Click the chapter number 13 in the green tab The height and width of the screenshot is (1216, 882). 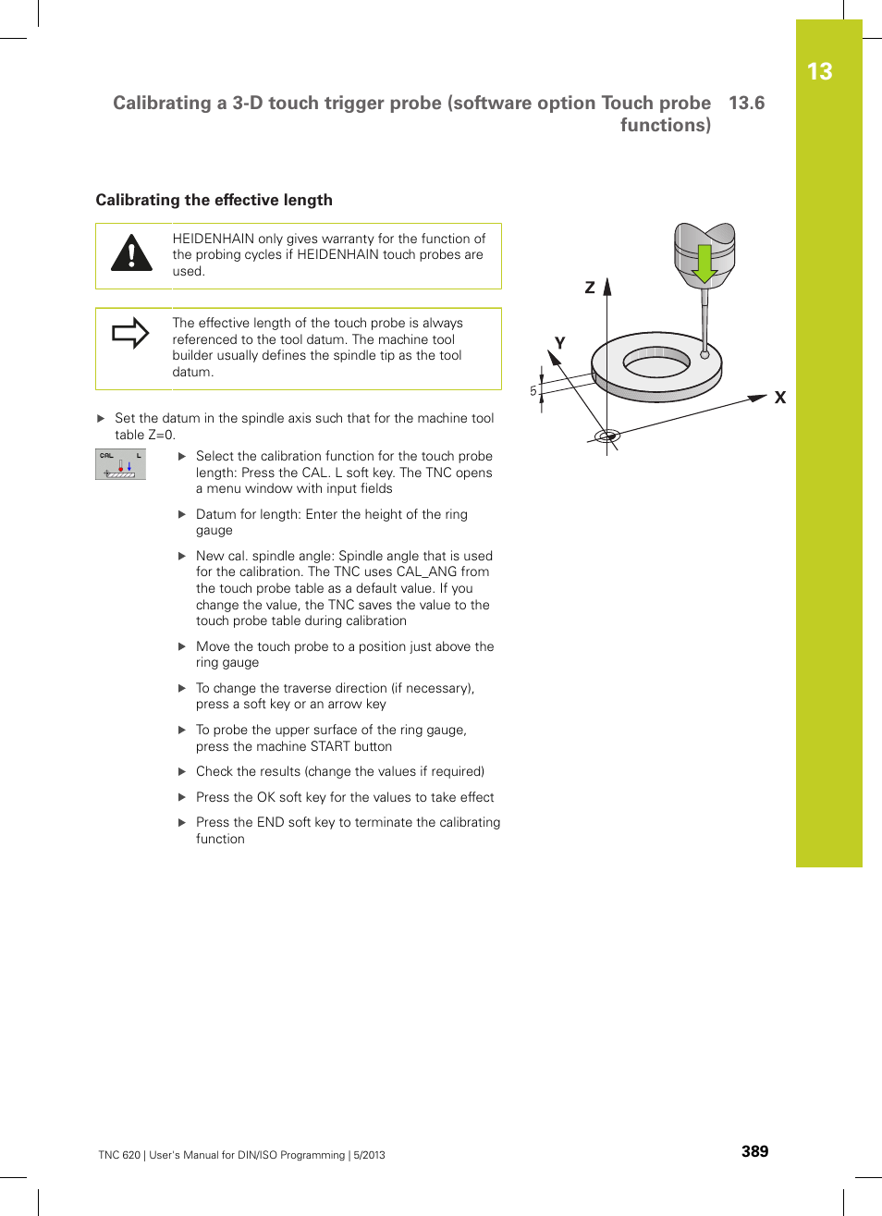(819, 72)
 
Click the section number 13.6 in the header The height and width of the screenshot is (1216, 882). (746, 104)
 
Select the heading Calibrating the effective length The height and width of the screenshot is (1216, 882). (214, 201)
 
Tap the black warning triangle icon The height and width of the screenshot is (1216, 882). (131, 254)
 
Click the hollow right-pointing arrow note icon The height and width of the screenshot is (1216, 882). (130, 333)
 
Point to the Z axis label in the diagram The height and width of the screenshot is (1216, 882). (590, 289)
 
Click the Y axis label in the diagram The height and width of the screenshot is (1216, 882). (559, 343)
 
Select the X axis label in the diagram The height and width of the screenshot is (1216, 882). (779, 398)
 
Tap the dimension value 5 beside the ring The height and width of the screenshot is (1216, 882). (533, 391)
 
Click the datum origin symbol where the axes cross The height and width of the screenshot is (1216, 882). (606, 436)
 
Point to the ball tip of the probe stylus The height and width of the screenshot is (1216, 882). (704, 354)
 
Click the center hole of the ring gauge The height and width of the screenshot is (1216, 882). (656, 362)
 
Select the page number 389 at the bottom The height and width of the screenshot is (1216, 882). (754, 1151)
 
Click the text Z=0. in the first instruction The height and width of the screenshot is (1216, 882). (161, 436)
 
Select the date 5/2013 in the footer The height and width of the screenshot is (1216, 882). (369, 1155)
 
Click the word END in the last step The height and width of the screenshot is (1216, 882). (272, 823)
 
